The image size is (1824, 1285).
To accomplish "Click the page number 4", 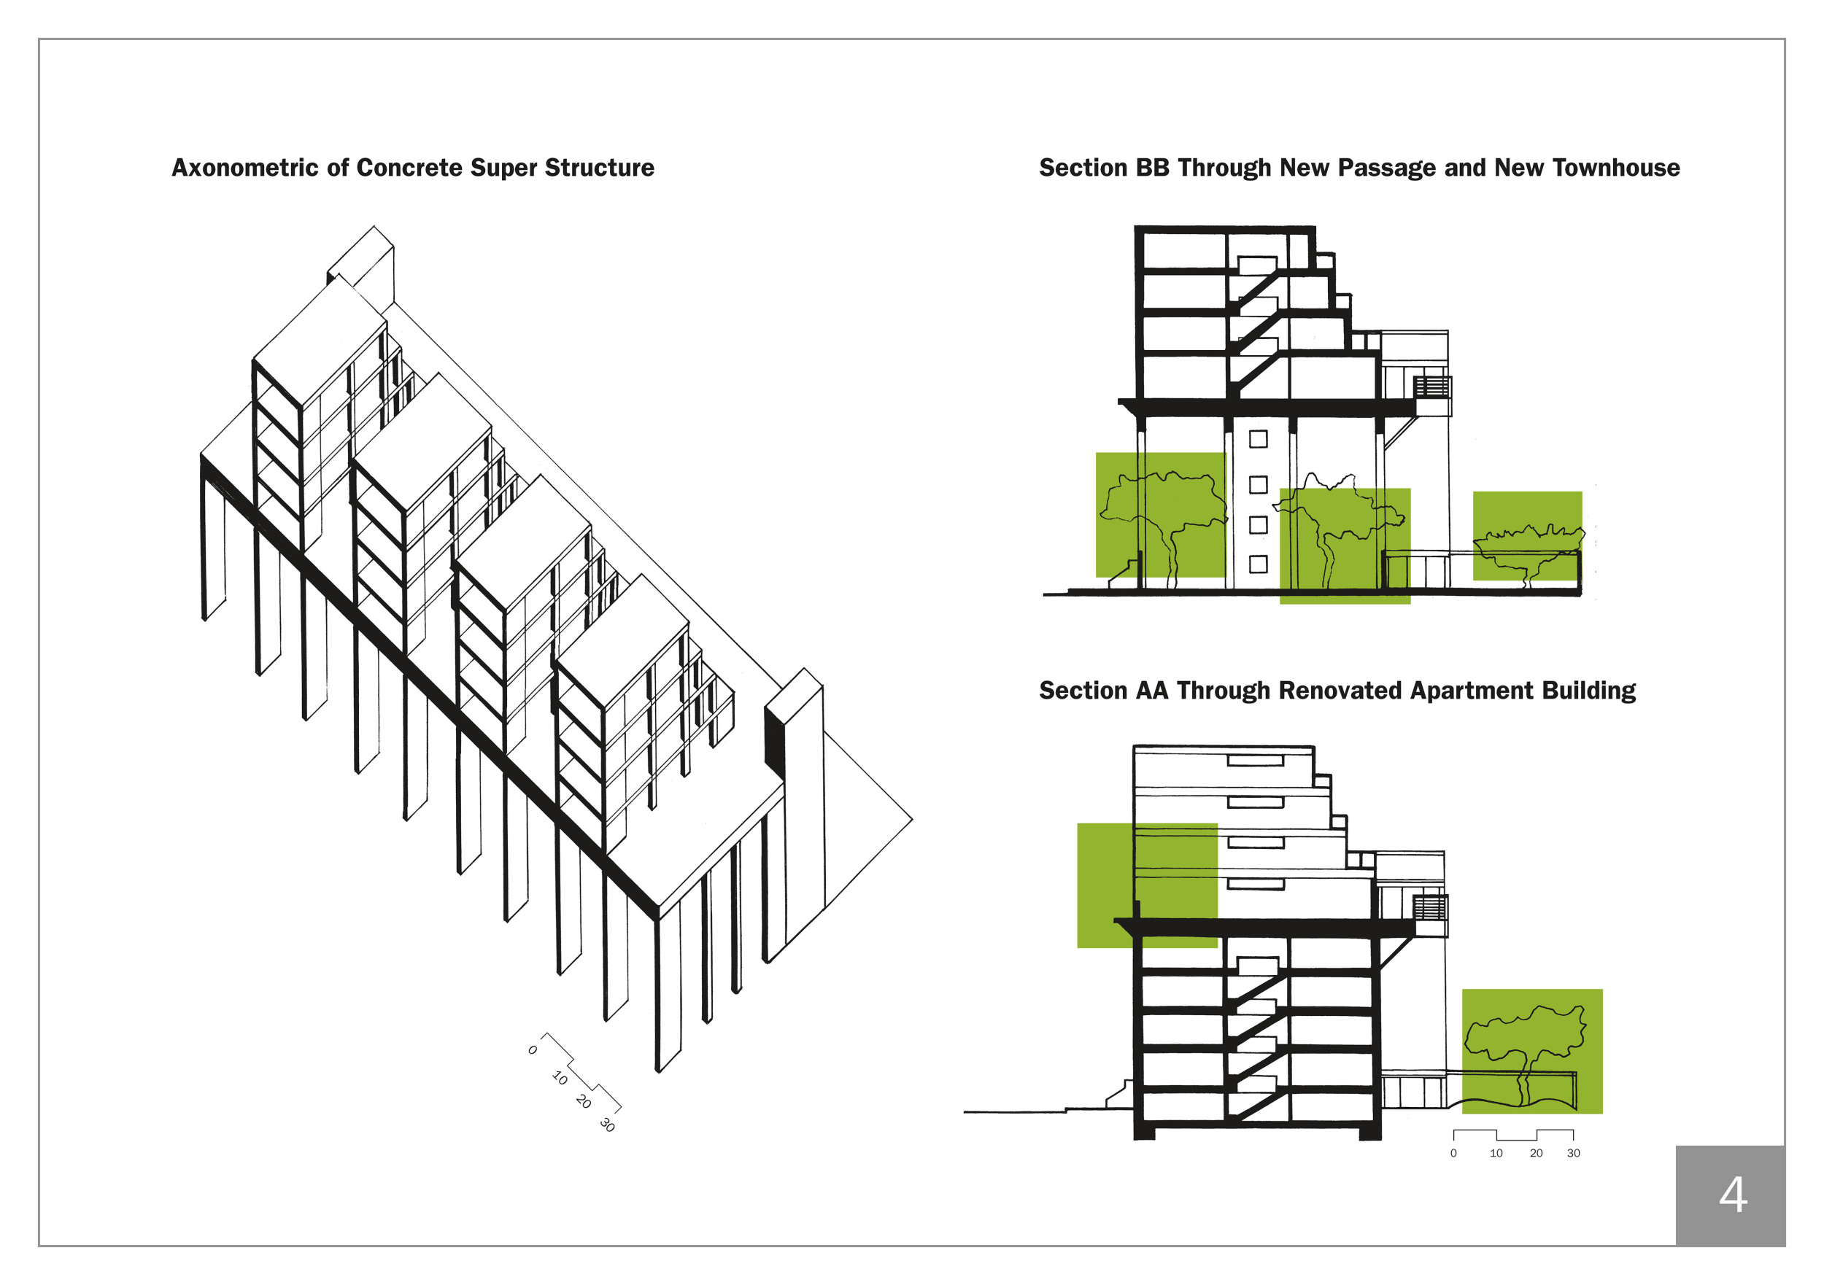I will click(1733, 1195).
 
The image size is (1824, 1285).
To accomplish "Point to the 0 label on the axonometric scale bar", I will click(533, 1050).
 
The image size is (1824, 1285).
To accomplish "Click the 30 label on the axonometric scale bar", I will click(608, 1125).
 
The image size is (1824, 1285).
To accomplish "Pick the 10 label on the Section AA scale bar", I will click(1496, 1153).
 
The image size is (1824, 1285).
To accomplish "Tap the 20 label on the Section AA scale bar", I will click(1536, 1153).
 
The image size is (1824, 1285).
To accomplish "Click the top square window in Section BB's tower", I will click(1259, 439).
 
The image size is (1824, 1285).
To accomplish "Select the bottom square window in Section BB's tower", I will click(1259, 564).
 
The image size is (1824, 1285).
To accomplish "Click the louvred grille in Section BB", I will click(1431, 387).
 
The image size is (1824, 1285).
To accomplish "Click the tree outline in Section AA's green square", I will click(1526, 1048).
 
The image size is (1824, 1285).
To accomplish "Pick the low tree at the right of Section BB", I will click(1527, 548).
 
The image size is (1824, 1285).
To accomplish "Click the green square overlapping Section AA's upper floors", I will click(1146, 885).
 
